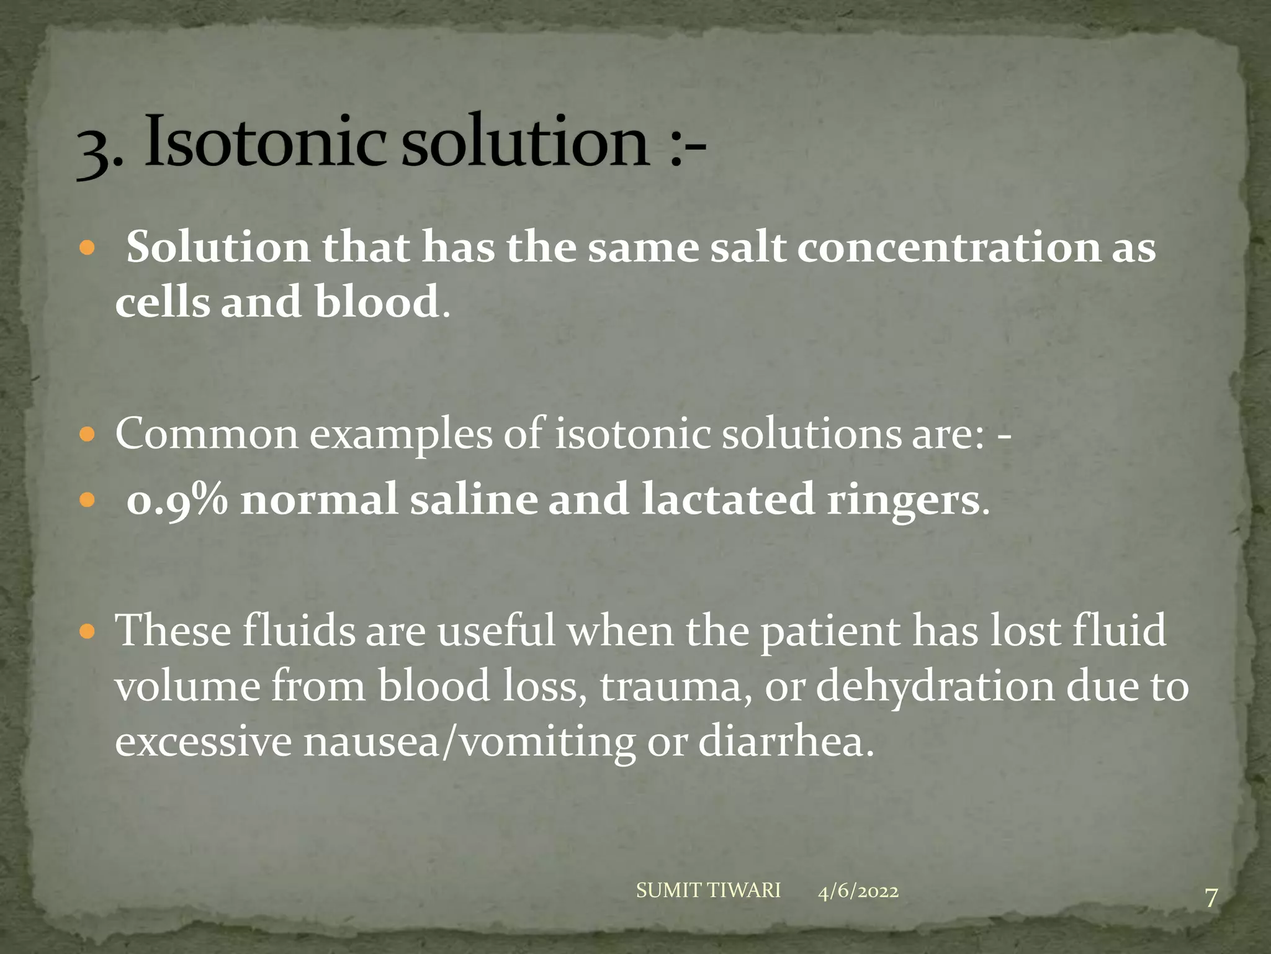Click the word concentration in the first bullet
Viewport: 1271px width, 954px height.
coord(948,247)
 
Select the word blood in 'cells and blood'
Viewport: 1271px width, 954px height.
coord(377,302)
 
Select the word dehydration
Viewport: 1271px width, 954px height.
coord(934,687)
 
